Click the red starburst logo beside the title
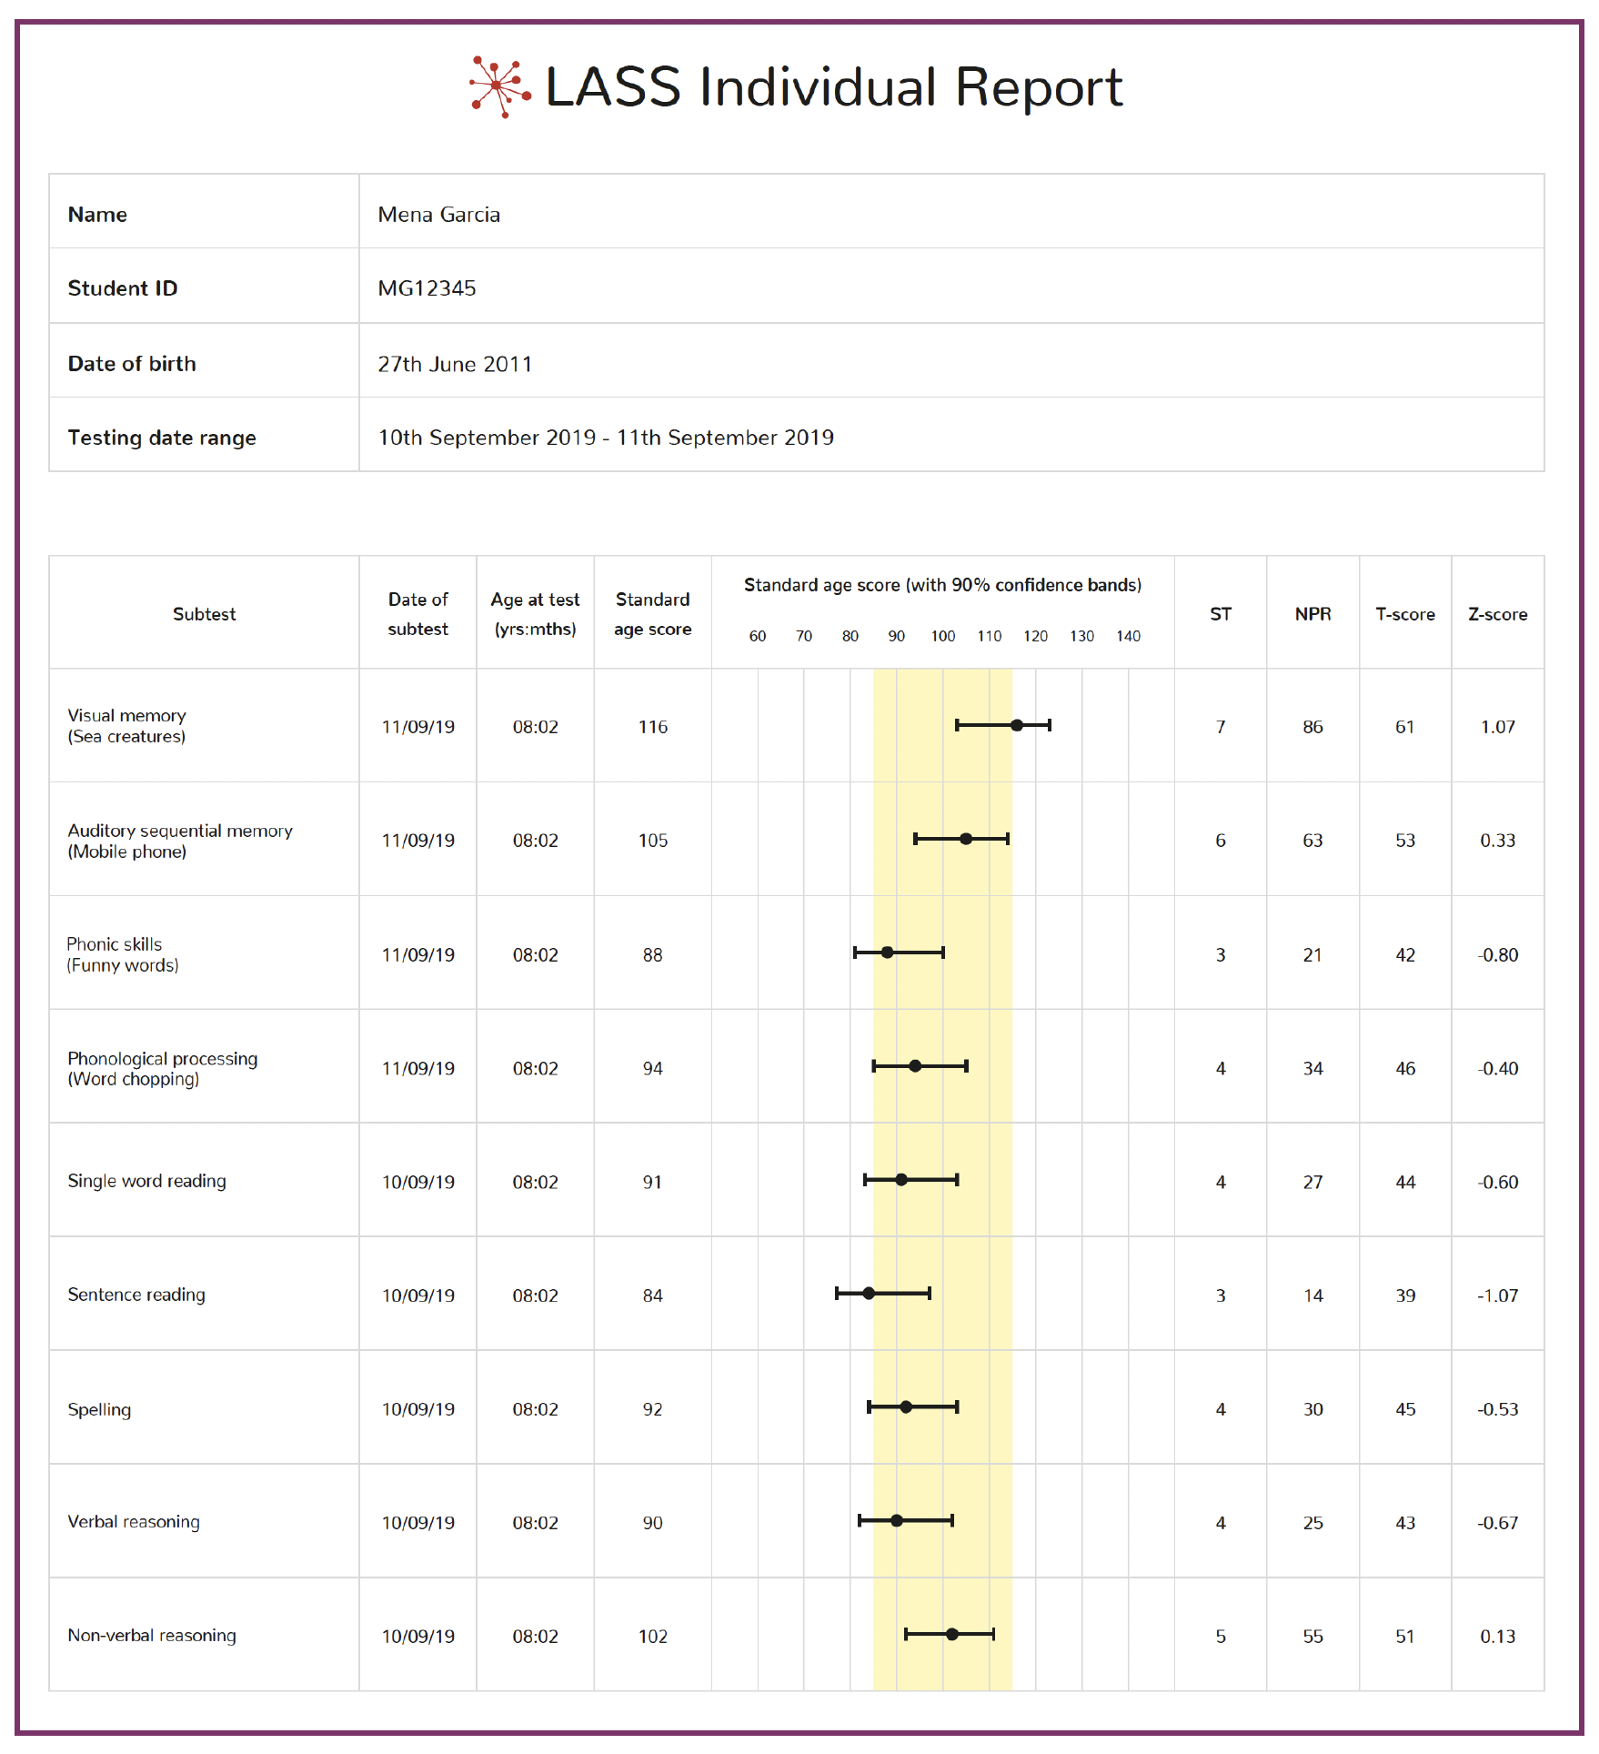(x=499, y=86)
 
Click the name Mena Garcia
(x=438, y=215)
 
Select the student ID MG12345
(x=427, y=288)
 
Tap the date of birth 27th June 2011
(x=455, y=364)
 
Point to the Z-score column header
(x=1497, y=614)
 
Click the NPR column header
(x=1312, y=614)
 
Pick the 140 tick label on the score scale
(x=1128, y=636)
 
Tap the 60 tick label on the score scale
(x=758, y=636)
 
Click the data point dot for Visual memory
(x=1017, y=725)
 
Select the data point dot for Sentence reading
(x=869, y=1293)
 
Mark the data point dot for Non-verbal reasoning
(x=952, y=1634)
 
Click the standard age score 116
(x=653, y=727)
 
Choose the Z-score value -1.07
(x=1497, y=1295)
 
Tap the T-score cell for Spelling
(x=1405, y=1409)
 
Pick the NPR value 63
(x=1312, y=841)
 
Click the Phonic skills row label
(x=123, y=954)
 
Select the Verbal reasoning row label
(x=134, y=1522)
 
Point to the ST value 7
(x=1221, y=727)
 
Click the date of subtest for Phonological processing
(x=417, y=1068)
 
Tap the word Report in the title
(x=1039, y=88)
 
